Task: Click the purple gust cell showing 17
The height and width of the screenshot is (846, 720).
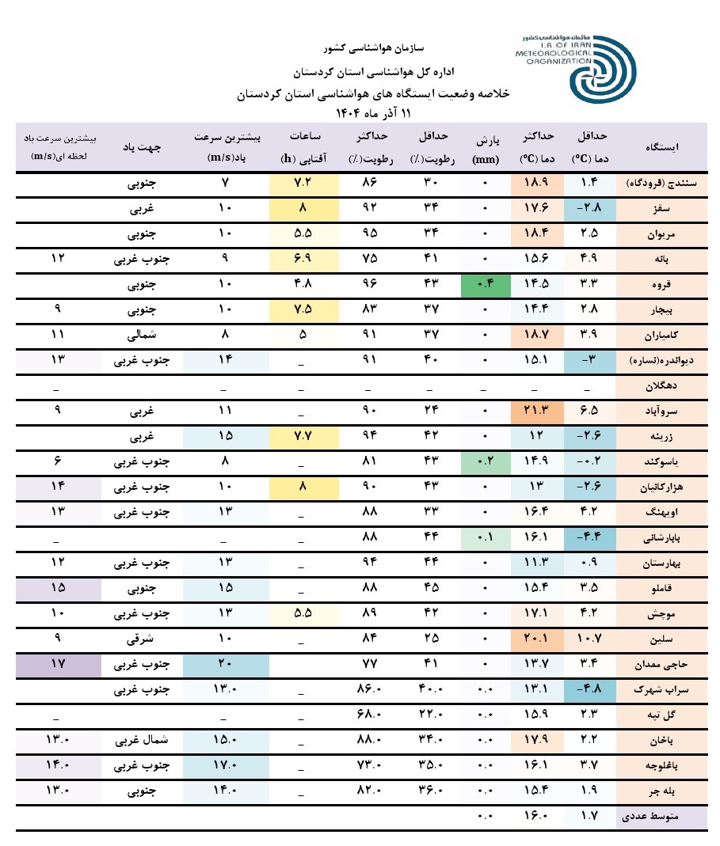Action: (x=58, y=664)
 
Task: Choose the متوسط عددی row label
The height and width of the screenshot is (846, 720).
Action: (x=662, y=818)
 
